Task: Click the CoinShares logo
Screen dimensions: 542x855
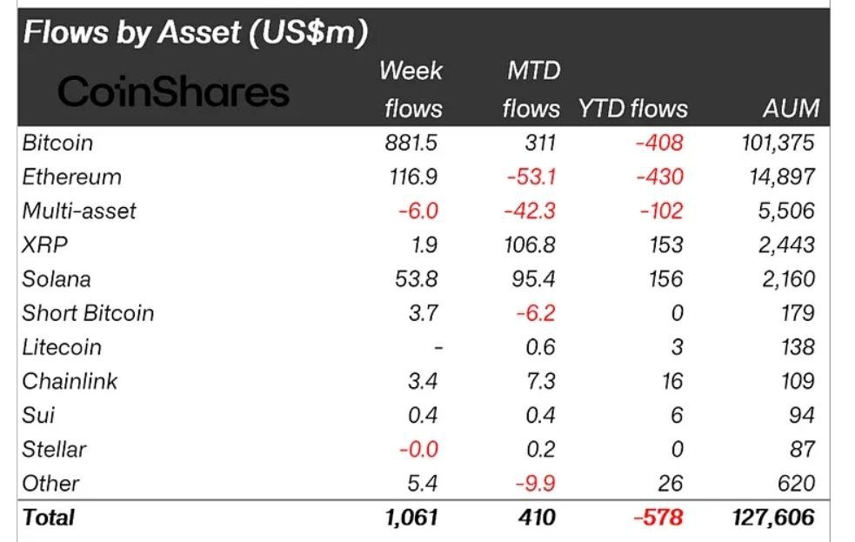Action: [x=173, y=90]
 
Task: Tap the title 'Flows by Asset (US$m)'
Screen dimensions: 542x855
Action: [x=196, y=32]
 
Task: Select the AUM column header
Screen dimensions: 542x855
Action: [x=789, y=108]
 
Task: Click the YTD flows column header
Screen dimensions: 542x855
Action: [x=632, y=108]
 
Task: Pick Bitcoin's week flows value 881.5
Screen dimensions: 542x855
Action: [x=411, y=143]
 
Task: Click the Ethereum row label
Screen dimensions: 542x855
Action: [x=72, y=177]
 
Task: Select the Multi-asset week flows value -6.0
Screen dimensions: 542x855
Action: [x=417, y=211]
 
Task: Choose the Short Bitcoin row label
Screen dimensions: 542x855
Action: [x=88, y=312]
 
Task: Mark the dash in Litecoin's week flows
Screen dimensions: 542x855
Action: [x=438, y=347]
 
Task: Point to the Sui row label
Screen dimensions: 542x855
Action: [x=38, y=415]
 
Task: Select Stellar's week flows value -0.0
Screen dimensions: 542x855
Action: [x=417, y=449]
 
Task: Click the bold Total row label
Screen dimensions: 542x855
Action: [x=49, y=517]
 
